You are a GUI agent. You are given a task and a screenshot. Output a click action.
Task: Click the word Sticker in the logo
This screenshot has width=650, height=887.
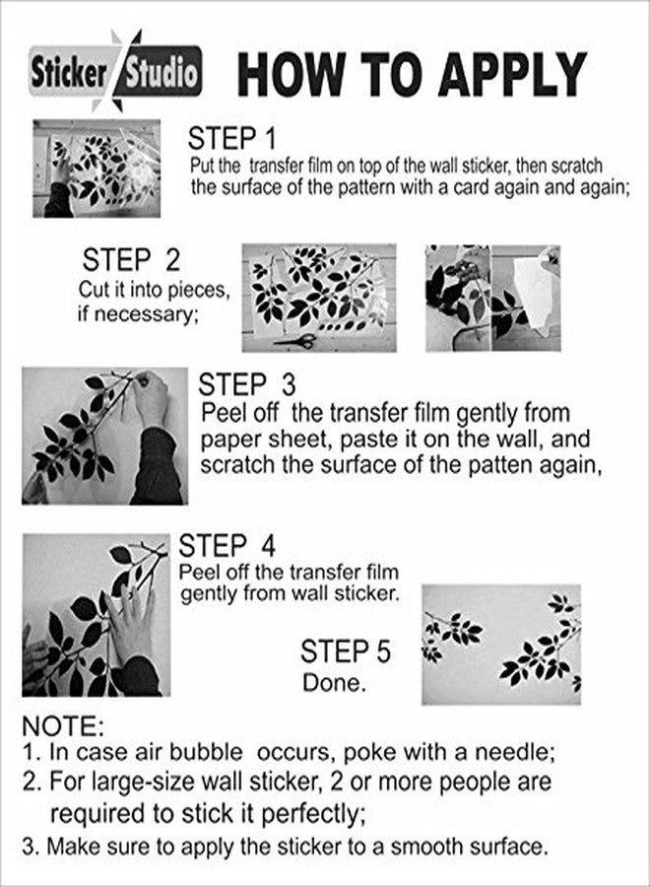[x=68, y=74]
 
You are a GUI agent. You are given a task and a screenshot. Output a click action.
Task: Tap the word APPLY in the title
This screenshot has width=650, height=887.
[x=512, y=74]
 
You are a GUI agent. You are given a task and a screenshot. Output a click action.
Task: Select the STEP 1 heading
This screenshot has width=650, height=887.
[x=232, y=139]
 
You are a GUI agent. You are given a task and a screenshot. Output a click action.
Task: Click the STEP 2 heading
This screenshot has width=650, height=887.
[x=131, y=259]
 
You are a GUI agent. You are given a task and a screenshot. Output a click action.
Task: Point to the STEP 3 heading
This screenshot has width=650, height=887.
[x=247, y=384]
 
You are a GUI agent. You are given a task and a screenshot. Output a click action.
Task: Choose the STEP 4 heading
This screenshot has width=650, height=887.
[x=227, y=546]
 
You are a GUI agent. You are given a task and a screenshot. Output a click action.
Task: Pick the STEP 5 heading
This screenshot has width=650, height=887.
[x=346, y=651]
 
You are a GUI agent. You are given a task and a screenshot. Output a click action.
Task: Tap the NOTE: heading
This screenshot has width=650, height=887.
[x=63, y=726]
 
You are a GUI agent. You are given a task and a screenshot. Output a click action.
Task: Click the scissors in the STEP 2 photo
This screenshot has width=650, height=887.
[x=295, y=341]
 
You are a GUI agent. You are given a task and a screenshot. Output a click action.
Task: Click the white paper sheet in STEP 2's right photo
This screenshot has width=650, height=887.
[x=535, y=293]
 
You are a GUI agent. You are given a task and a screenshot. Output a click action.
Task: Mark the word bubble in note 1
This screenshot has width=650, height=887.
[x=206, y=752]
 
